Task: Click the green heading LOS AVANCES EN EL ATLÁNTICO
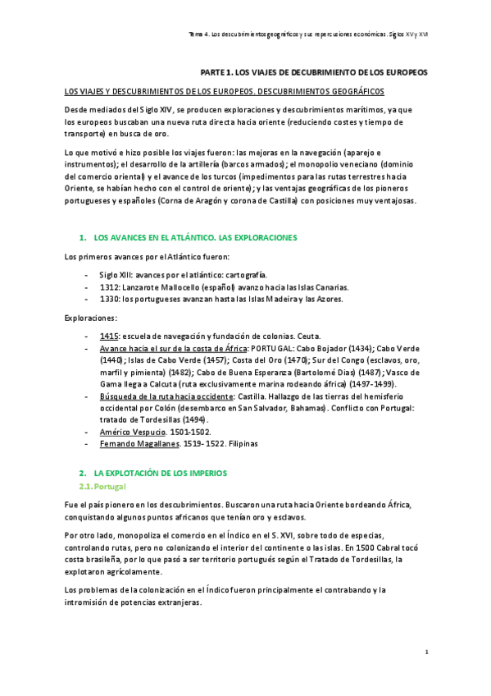pos(195,237)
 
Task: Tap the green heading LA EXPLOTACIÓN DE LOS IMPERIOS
pos(160,474)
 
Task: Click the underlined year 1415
pos(109,336)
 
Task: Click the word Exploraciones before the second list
pos(90,318)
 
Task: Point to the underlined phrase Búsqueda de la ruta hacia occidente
pos(166,396)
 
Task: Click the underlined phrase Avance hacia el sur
pos(134,348)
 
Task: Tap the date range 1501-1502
pos(190,432)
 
